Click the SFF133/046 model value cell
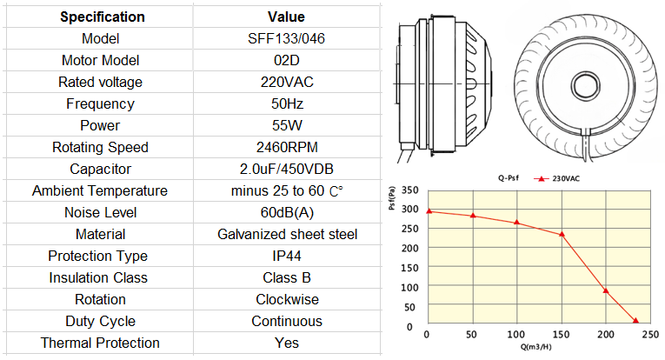286,38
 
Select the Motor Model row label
101,60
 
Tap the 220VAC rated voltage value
287,82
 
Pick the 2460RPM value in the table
287,147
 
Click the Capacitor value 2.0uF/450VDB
287,169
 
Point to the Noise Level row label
101,212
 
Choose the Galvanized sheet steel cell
287,234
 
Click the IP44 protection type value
287,256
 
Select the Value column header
286,17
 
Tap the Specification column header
103,17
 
